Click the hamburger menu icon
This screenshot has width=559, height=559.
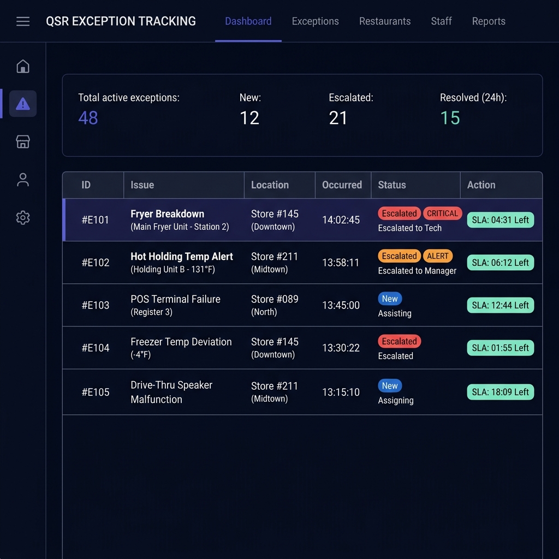pos(23,21)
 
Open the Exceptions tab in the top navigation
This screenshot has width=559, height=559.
pos(315,21)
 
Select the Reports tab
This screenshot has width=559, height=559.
pos(489,21)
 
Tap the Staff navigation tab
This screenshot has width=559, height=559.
pos(441,21)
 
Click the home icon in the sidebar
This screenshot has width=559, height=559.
pos(23,66)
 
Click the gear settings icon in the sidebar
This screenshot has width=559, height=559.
pos(23,217)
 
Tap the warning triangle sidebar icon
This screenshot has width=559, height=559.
pos(23,104)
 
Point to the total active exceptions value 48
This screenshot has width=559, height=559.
pos(88,118)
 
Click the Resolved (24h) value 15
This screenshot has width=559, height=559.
pos(450,118)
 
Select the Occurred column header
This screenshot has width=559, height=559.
pos(342,185)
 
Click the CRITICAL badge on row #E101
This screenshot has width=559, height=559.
pos(442,213)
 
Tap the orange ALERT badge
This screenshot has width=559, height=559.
pos(437,256)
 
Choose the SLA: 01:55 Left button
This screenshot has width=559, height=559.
pos(500,348)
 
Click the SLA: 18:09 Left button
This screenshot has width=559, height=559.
pos(500,392)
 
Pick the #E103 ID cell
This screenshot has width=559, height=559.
pos(96,305)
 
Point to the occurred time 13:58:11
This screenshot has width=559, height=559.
pos(341,263)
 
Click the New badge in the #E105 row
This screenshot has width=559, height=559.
pos(390,386)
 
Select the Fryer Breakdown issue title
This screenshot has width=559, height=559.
pos(167,214)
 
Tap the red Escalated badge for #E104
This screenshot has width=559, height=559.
pos(399,342)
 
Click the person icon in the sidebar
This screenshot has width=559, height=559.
pos(23,180)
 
